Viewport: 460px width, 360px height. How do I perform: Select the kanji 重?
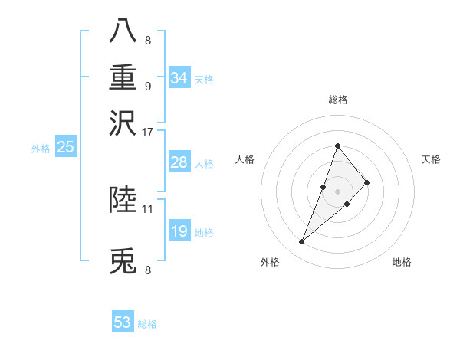tap(123, 77)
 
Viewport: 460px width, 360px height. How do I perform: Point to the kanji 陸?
tap(123, 201)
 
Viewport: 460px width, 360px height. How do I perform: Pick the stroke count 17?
tap(148, 132)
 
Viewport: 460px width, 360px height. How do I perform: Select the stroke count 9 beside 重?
tap(148, 86)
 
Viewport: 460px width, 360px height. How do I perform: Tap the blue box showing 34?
tap(179, 77)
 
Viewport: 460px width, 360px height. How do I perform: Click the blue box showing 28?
tap(179, 162)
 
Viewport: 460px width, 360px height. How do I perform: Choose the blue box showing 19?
tap(179, 231)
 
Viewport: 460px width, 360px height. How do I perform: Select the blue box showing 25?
tap(65, 147)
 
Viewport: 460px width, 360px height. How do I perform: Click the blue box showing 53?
tap(123, 322)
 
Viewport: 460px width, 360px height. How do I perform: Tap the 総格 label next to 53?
tap(147, 324)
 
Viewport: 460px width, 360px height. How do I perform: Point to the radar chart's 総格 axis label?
tap(337, 100)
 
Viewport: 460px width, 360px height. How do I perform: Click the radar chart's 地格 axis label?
tap(402, 262)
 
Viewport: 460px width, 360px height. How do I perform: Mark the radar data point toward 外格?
tap(302, 242)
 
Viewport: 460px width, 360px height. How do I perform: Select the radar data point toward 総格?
tap(337, 146)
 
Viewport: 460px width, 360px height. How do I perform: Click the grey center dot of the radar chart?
tap(337, 191)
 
